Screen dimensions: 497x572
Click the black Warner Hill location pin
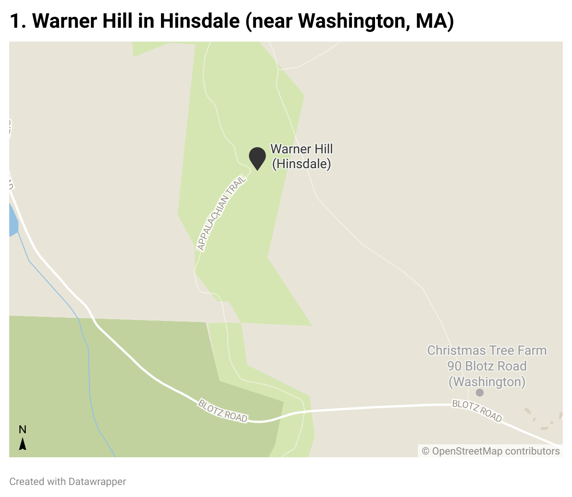click(257, 157)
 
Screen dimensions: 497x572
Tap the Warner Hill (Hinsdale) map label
click(301, 156)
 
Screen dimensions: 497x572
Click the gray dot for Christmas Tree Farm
click(480, 393)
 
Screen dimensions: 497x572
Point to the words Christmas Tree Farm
click(487, 351)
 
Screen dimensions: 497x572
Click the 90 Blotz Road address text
click(487, 366)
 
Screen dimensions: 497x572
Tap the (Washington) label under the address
click(487, 382)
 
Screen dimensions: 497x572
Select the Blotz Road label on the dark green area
click(223, 411)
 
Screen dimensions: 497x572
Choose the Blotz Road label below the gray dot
click(477, 411)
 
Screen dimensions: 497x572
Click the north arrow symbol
click(23, 444)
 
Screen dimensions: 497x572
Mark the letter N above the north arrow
click(23, 430)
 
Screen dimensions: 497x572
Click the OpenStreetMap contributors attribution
click(491, 451)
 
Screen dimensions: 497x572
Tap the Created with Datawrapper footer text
click(67, 482)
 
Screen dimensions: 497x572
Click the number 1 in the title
click(15, 21)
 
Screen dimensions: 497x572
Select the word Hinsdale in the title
click(200, 21)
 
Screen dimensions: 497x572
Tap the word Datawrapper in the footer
click(97, 482)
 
